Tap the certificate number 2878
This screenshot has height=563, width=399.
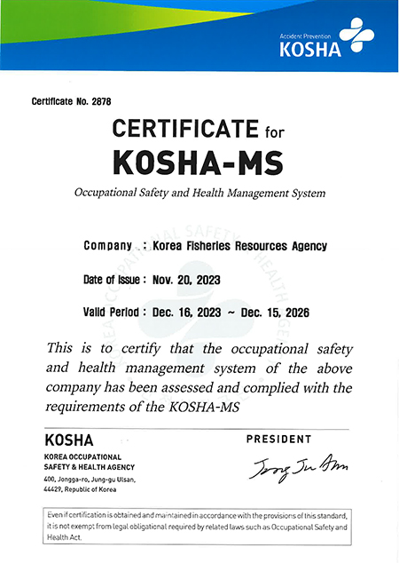[x=102, y=101]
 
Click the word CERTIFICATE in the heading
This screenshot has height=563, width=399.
[x=185, y=131]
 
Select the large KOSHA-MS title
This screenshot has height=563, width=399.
[x=199, y=162]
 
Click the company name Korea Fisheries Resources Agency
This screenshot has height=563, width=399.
[x=240, y=246]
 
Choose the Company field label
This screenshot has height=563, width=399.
[x=107, y=246]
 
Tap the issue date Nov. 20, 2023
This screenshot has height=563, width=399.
[x=185, y=279]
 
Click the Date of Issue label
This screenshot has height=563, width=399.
[x=113, y=279]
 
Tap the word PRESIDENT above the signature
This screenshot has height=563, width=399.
[x=278, y=439]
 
